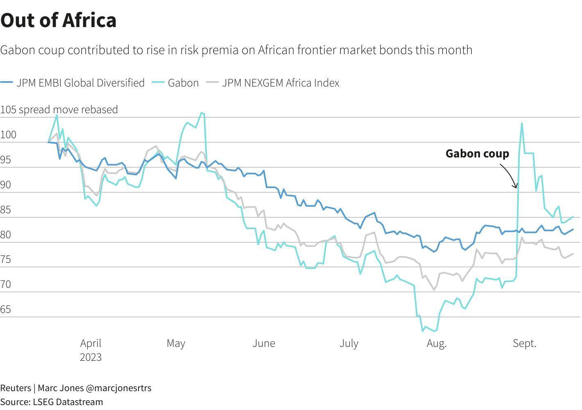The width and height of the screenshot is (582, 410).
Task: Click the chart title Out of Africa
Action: [59, 20]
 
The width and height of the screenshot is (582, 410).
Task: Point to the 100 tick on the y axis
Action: [8, 135]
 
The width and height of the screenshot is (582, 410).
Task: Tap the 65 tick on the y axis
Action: [6, 310]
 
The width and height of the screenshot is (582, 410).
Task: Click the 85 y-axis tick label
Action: [6, 210]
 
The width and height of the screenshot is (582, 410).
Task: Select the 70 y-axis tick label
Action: [6, 285]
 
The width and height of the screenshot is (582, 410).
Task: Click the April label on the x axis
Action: [91, 343]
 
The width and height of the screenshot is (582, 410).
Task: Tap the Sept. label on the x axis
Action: [524, 343]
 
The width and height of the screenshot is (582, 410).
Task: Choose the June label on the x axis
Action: [264, 343]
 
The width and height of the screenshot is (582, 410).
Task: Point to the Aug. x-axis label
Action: [436, 343]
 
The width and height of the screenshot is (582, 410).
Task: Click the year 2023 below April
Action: [91, 357]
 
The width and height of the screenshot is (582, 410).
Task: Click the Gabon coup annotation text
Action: [477, 154]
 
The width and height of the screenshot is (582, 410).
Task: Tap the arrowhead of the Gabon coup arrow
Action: [516, 187]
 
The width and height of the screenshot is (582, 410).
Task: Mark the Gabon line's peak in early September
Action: [522, 123]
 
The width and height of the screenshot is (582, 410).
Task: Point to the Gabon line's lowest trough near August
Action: [423, 330]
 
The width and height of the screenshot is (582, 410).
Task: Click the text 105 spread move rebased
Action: [59, 109]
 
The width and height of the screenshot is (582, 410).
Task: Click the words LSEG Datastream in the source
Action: [68, 402]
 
